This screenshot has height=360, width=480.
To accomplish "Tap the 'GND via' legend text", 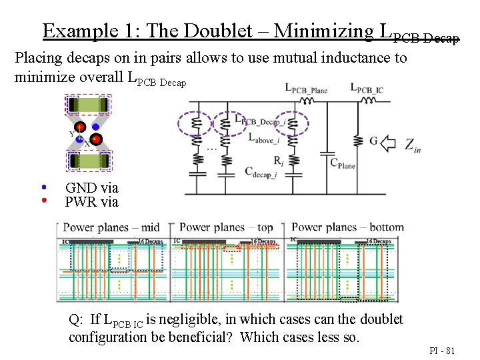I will coord(91,188).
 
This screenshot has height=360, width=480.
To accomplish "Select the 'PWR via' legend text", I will coord(91,201).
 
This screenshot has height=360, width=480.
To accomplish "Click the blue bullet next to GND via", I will coord(44,187).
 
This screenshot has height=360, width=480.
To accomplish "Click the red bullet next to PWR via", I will coord(44,199).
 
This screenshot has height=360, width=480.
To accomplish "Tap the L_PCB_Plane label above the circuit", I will coord(306,88).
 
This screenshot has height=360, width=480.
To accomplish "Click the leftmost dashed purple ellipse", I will coord(195,124).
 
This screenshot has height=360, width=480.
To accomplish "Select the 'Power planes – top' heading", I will coord(227,227).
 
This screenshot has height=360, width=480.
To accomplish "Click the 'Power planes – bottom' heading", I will coord(347,227).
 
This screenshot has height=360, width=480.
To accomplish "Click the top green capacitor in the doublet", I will coord(89,105).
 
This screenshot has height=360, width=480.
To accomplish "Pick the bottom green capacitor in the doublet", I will coord(89,161).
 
